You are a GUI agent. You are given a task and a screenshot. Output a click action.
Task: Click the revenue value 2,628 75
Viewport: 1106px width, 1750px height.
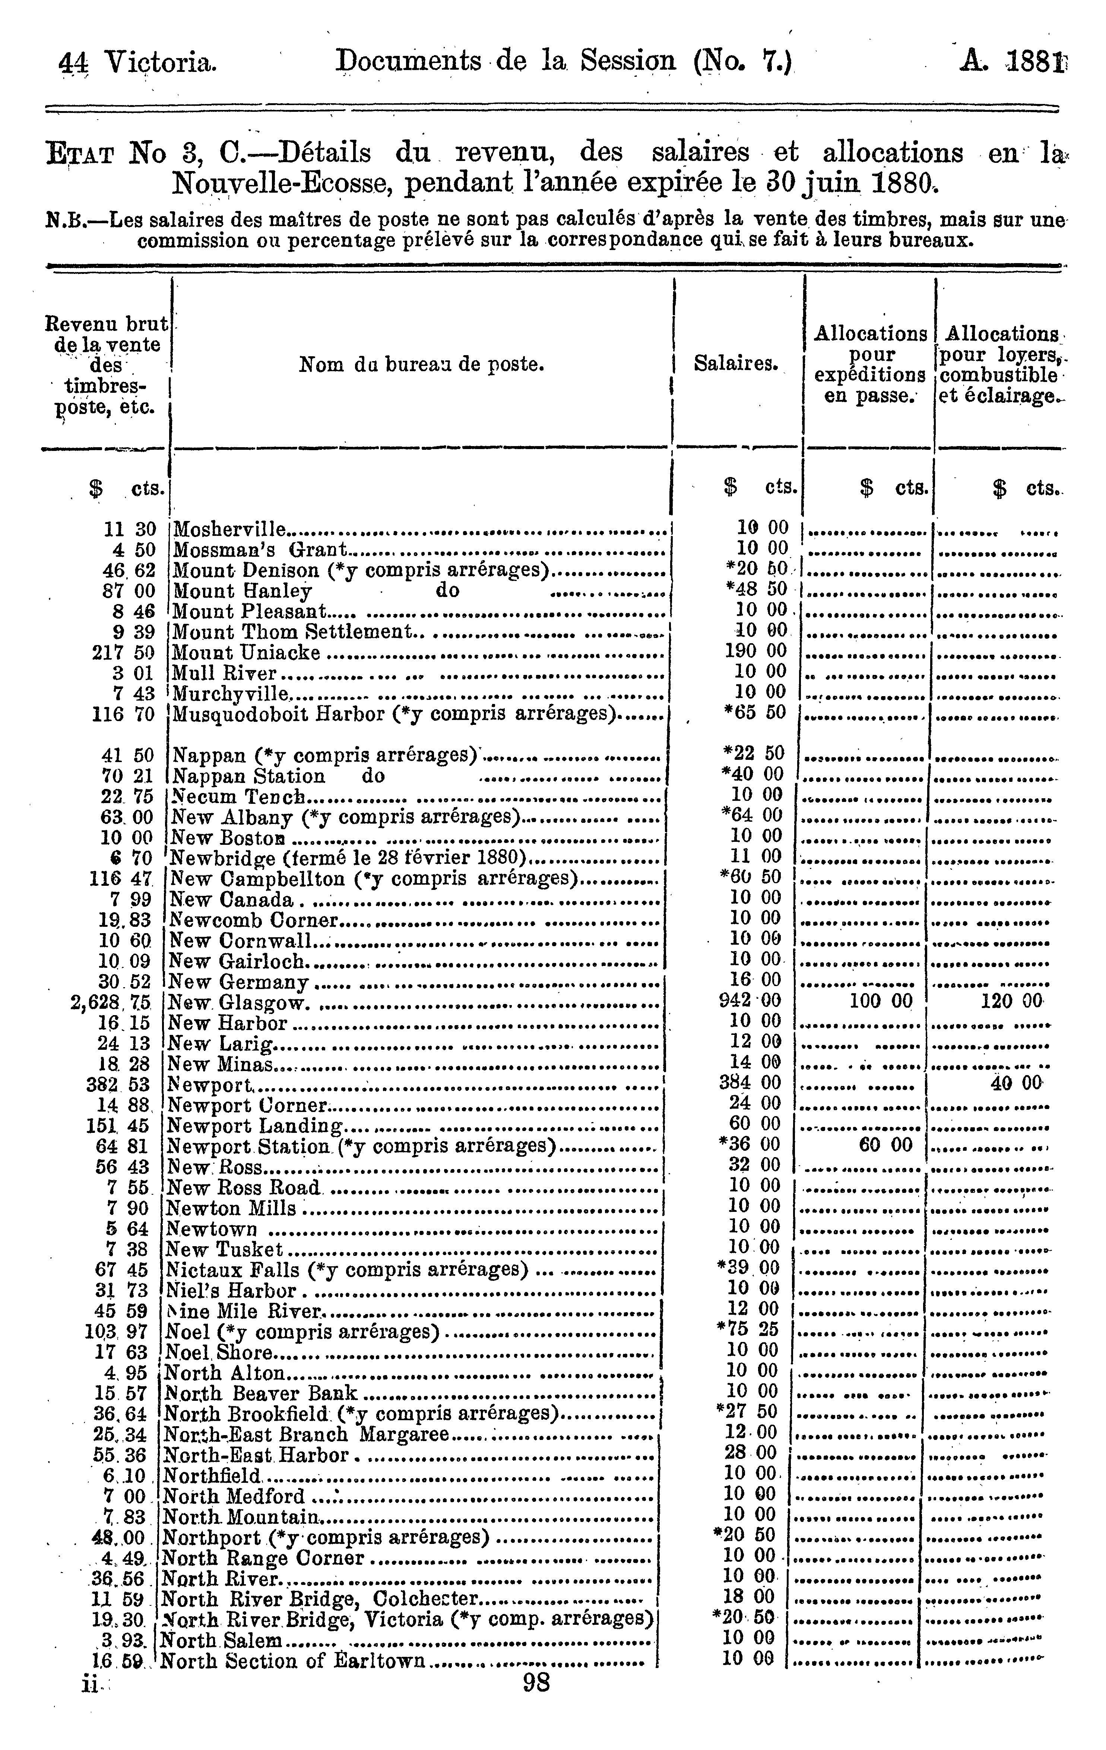point(111,1002)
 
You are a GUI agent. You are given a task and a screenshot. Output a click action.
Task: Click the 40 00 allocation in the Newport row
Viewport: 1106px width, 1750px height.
point(1016,1083)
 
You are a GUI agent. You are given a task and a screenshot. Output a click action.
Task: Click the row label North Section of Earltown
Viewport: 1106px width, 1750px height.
point(292,1661)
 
